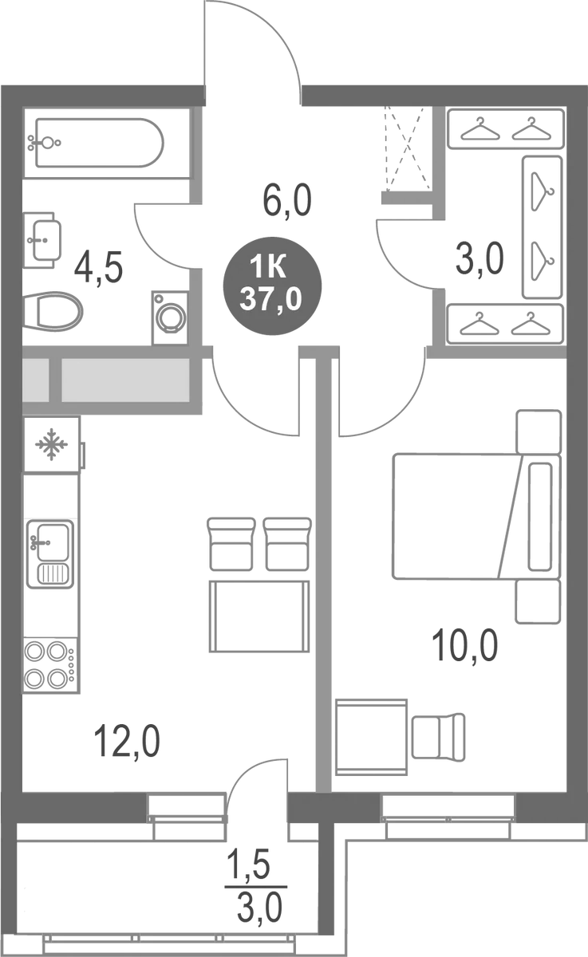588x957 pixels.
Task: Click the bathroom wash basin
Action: pyautogui.click(x=43, y=237)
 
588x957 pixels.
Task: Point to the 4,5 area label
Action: pyautogui.click(x=98, y=268)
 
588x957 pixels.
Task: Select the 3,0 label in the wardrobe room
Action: pyautogui.click(x=481, y=258)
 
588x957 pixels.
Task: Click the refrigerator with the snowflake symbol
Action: pyautogui.click(x=52, y=444)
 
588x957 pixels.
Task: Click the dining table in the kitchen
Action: pyautogui.click(x=258, y=616)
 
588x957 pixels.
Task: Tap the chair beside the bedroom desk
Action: pyautogui.click(x=437, y=736)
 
